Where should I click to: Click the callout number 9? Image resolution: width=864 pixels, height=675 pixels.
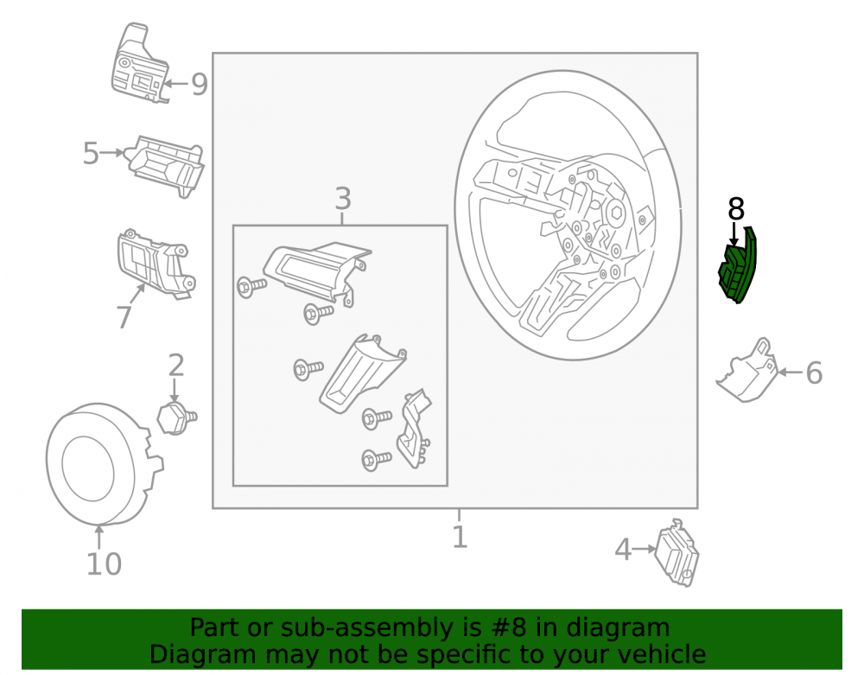(200, 85)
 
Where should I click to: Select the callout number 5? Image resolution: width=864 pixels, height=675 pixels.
(91, 153)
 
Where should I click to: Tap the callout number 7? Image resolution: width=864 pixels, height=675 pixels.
(124, 317)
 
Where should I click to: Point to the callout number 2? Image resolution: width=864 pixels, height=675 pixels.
(175, 366)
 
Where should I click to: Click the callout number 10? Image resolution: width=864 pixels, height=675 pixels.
(105, 564)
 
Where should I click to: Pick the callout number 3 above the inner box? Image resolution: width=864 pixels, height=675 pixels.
(343, 199)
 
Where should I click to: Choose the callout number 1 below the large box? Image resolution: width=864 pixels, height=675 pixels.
(460, 536)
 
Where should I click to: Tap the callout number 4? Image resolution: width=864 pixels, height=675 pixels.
(623, 550)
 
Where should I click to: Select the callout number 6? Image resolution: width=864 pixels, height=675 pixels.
(814, 373)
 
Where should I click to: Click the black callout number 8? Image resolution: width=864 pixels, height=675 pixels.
(736, 209)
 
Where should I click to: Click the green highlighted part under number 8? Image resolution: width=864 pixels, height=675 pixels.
(739, 267)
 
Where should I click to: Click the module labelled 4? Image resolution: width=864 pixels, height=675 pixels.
(677, 552)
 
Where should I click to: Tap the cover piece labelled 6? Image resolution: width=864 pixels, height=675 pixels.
(748, 372)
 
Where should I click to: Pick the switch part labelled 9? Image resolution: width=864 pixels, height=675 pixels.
(140, 64)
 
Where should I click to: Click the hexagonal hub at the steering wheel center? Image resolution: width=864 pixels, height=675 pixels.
(616, 211)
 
